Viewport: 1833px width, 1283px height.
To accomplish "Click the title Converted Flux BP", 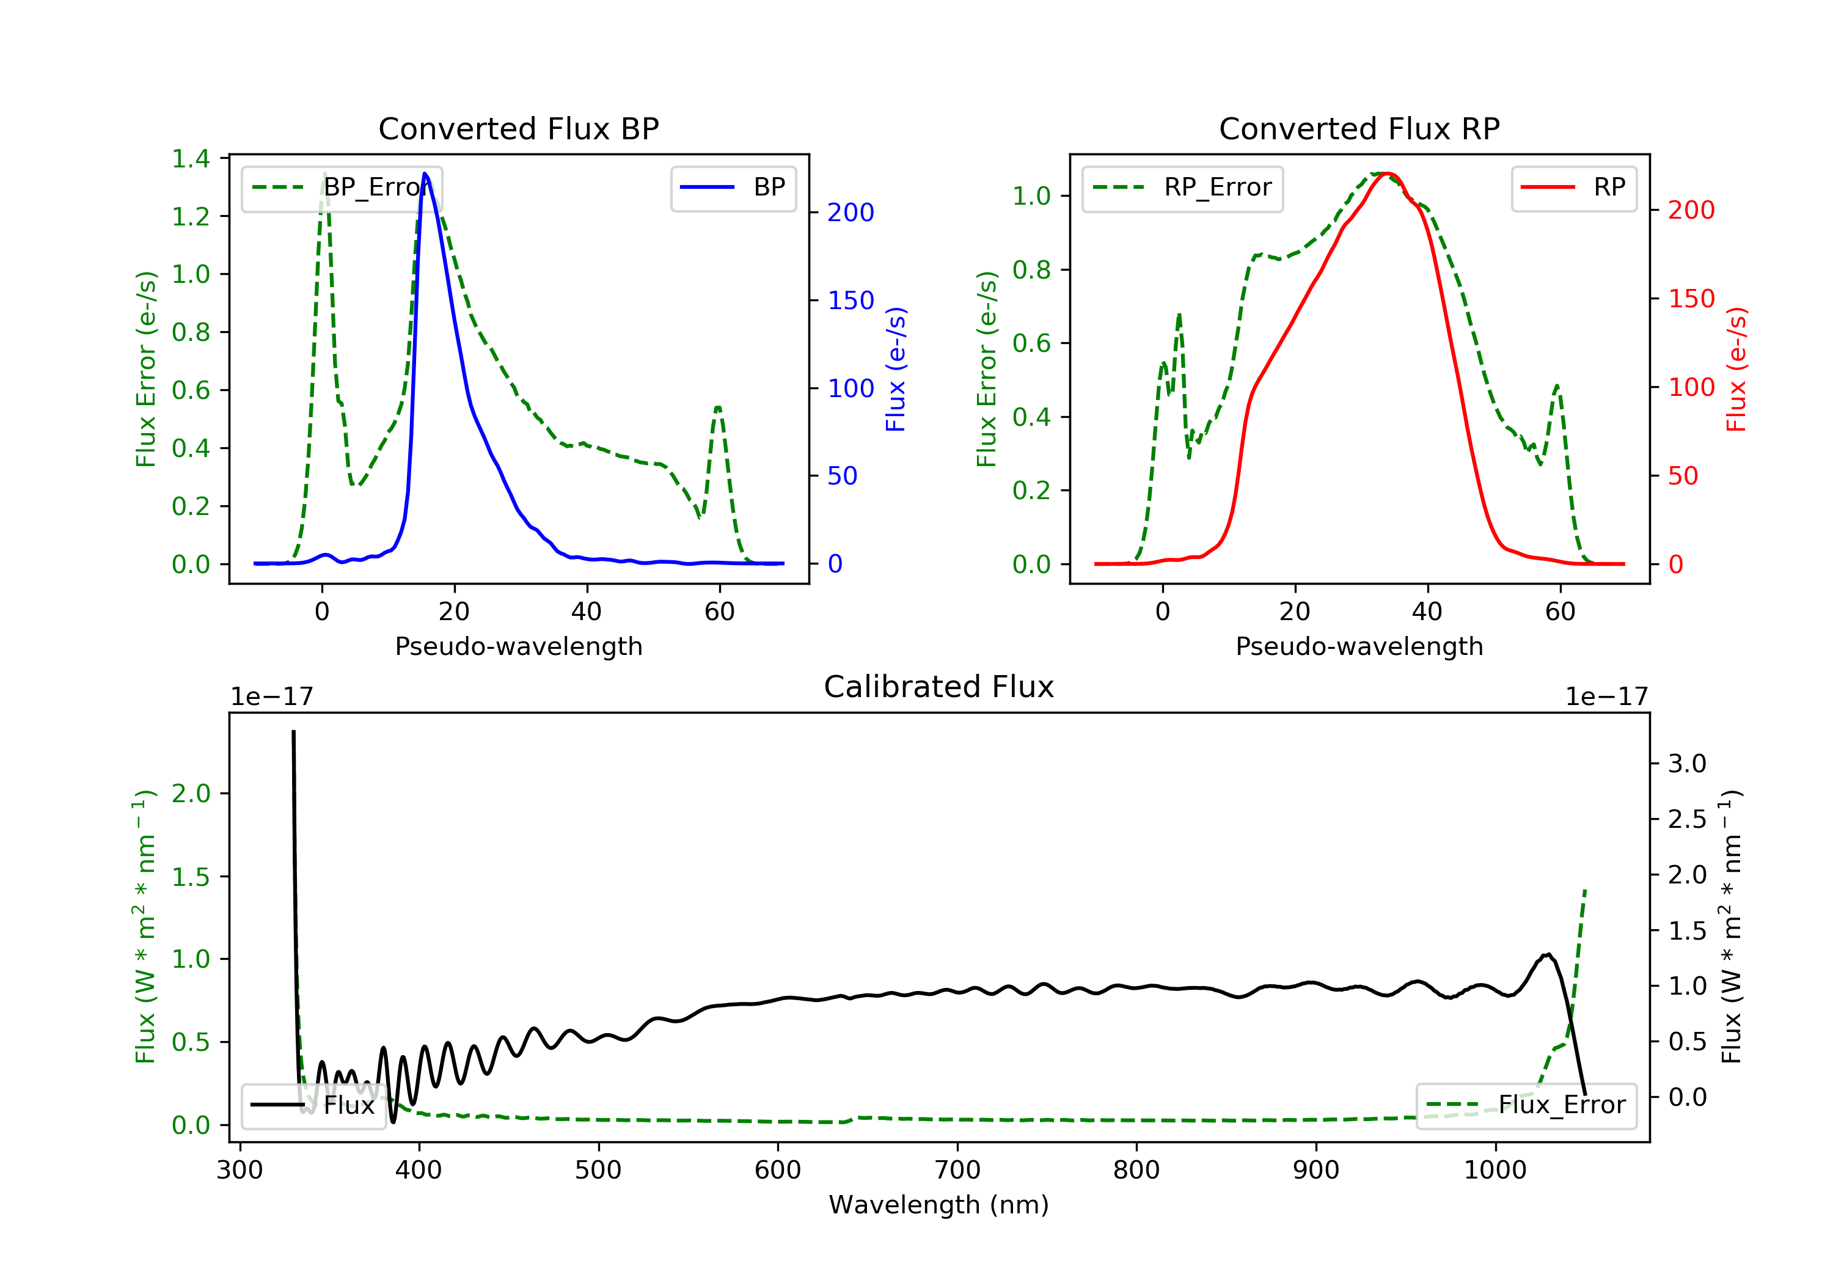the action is point(518,128).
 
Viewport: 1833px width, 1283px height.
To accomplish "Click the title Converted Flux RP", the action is point(1359,128).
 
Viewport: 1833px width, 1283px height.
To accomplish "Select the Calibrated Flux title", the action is point(939,687).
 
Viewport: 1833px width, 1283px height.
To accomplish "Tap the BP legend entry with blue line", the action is point(733,188).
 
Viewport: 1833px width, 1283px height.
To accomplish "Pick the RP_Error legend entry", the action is point(1182,188).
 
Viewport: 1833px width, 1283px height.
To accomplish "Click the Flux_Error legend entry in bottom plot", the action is point(1526,1105).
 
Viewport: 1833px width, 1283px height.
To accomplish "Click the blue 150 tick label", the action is point(851,301).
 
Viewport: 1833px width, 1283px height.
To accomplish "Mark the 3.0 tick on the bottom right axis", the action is point(1687,764).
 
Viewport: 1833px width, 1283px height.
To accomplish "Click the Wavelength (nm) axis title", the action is point(939,1205).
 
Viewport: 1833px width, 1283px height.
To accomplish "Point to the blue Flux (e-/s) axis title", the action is point(896,369).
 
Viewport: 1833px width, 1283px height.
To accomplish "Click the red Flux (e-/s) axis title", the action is point(1736,369).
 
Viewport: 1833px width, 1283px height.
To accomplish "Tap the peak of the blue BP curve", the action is point(425,174).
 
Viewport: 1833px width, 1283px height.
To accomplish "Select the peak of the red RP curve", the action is point(1387,174).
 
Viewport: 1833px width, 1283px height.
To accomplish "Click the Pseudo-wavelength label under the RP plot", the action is point(1359,646).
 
